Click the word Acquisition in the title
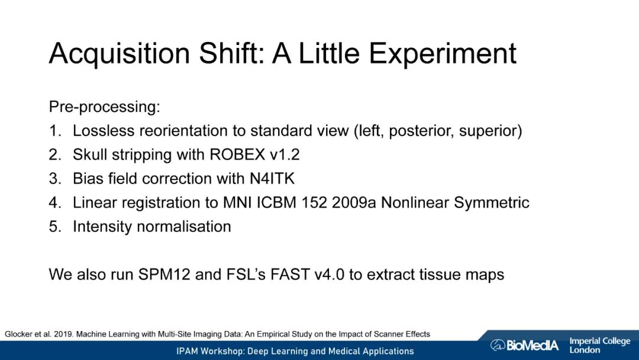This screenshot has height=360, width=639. pyautogui.click(x=120, y=53)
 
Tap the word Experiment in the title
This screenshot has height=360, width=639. pyautogui.click(x=443, y=53)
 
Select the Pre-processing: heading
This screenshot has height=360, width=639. pyautogui.click(x=105, y=107)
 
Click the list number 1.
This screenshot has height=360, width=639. pyautogui.click(x=55, y=131)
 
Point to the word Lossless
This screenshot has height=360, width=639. pyautogui.click(x=104, y=131)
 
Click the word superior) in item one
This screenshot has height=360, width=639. pyautogui.click(x=490, y=131)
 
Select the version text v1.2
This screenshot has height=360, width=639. pyautogui.click(x=285, y=155)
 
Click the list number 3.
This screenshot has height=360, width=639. pyautogui.click(x=55, y=179)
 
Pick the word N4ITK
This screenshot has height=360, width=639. pyautogui.click(x=272, y=179)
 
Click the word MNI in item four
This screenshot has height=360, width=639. pyautogui.click(x=237, y=202)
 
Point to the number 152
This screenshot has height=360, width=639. pyautogui.click(x=314, y=202)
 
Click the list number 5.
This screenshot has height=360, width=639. pyautogui.click(x=55, y=227)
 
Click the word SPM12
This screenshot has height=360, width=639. pyautogui.click(x=164, y=274)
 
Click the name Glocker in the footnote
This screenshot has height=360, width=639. pyautogui.click(x=18, y=335)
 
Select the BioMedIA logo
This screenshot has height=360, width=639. pyautogui.click(x=524, y=345)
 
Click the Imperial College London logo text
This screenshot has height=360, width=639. pyautogui.click(x=599, y=345)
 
